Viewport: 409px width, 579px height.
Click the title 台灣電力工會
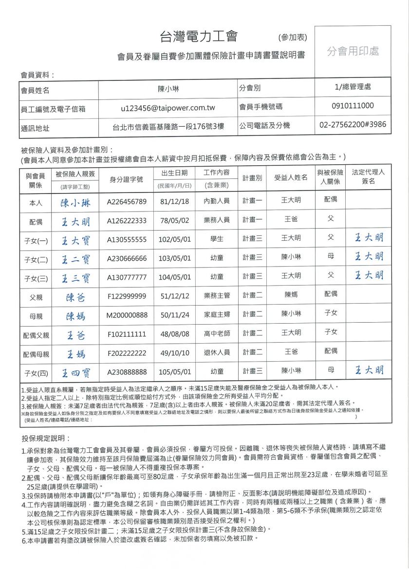198,36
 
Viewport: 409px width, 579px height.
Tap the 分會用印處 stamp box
353,51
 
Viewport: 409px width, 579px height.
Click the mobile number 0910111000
353,106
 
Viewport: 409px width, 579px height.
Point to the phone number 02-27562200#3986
353,125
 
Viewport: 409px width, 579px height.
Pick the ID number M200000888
127,315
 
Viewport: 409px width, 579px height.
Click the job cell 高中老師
217,332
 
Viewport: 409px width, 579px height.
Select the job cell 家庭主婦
217,315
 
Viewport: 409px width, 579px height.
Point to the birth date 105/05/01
174,371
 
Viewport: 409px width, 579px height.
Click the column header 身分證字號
127,180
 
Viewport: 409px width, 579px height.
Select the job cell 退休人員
217,352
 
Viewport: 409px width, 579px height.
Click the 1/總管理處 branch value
353,88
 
